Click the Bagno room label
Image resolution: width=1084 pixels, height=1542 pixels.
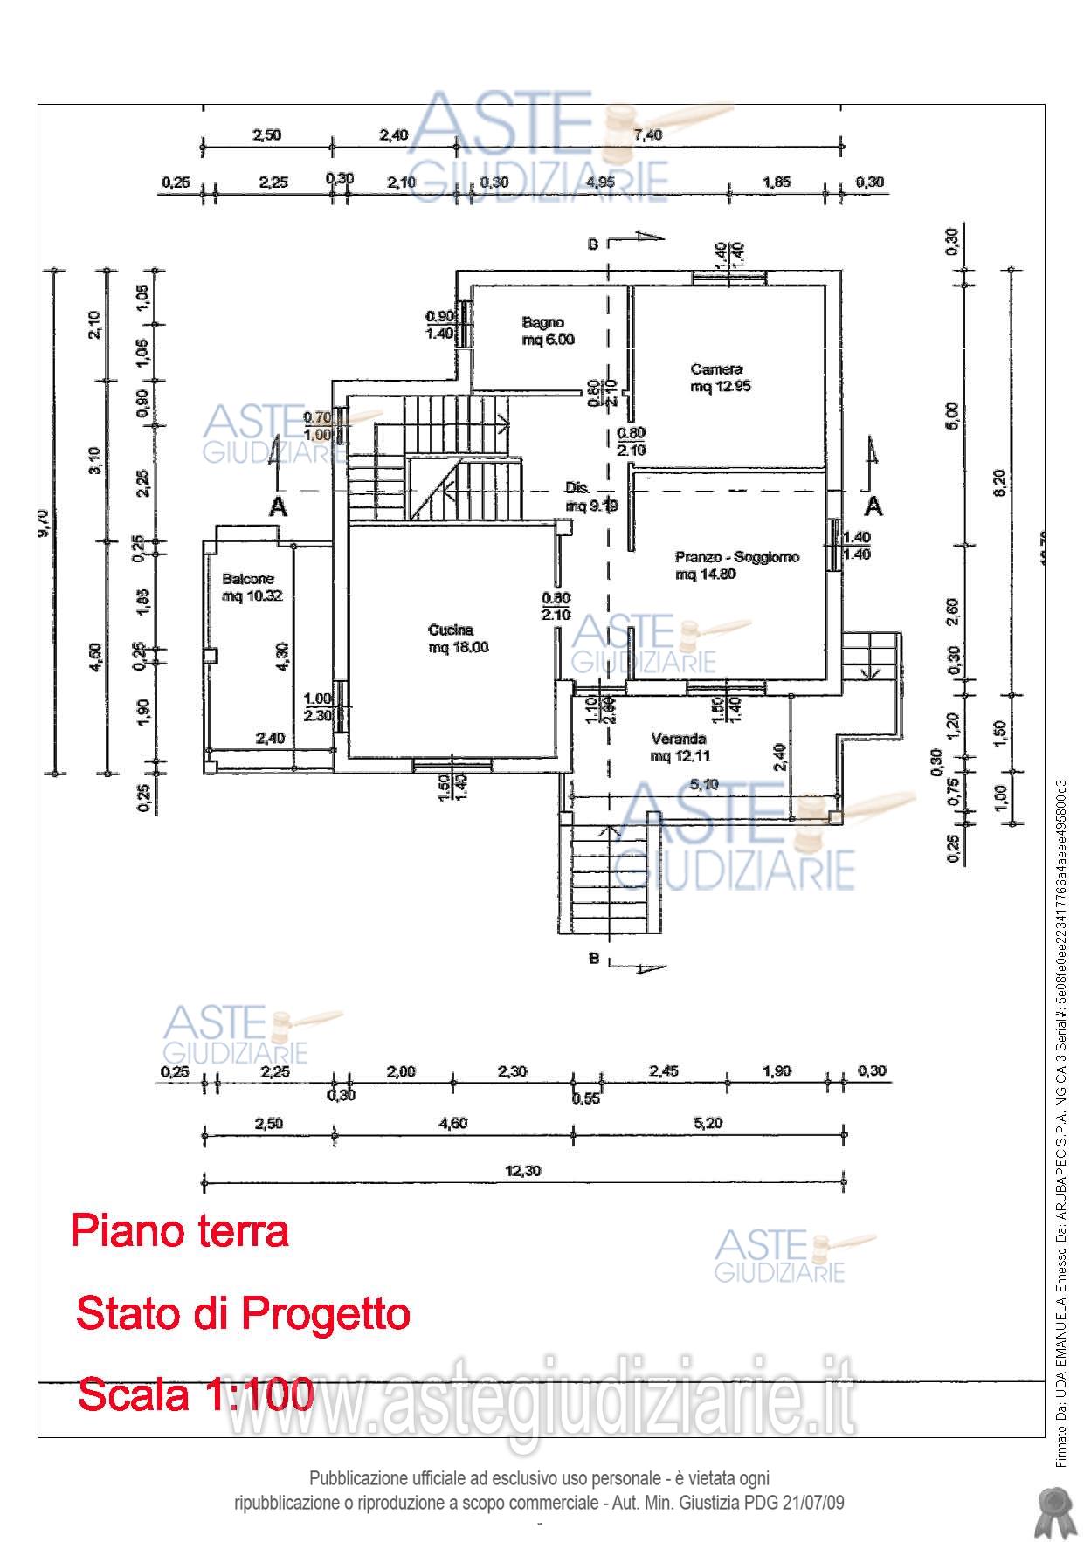click(x=548, y=331)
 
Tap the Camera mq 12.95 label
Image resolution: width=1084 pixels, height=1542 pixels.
click(x=721, y=377)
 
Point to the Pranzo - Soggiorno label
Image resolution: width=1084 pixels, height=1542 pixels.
click(x=736, y=565)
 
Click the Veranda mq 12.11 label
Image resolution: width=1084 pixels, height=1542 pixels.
click(x=679, y=747)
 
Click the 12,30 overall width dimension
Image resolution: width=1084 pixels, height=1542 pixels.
click(x=523, y=1171)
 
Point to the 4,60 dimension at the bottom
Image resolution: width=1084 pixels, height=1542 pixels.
click(x=452, y=1123)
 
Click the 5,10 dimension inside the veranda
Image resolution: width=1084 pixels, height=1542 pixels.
click(x=704, y=784)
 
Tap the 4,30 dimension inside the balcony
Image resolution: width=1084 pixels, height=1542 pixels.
click(x=281, y=655)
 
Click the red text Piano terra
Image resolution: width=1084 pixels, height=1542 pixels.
click(x=180, y=1231)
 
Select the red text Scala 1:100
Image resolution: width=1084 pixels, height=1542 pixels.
click(x=196, y=1394)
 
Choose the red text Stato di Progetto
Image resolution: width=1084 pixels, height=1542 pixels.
click(x=243, y=1312)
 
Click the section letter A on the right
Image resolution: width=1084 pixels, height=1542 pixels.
click(x=873, y=506)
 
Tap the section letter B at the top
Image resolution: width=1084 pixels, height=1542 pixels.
click(x=592, y=244)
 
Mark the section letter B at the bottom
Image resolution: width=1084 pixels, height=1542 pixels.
click(x=593, y=960)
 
